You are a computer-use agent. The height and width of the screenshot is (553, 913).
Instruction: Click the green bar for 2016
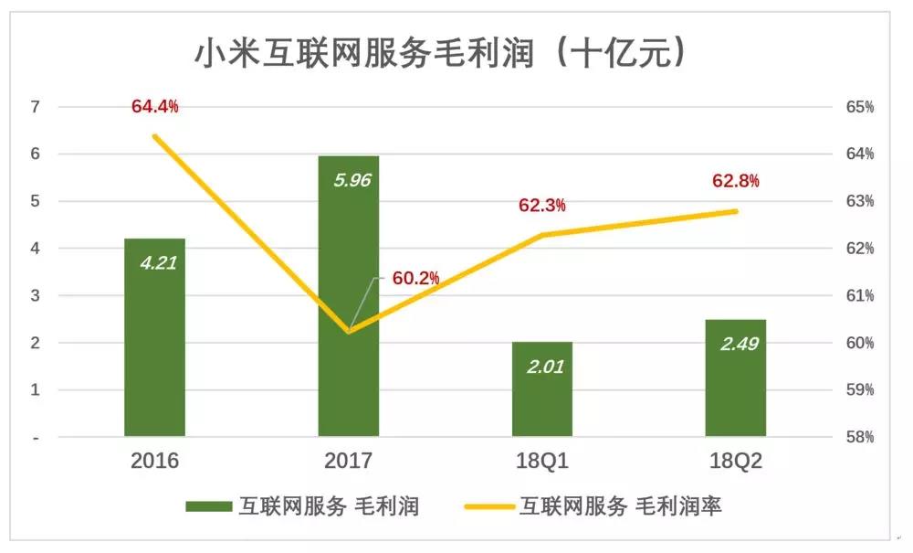click(x=154, y=337)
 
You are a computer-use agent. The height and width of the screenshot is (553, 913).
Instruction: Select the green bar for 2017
click(x=348, y=296)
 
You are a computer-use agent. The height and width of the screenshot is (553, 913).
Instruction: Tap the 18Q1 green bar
click(x=542, y=388)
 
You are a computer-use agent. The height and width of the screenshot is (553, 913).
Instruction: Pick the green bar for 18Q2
click(x=735, y=378)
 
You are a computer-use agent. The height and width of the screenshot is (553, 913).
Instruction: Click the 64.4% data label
click(x=155, y=106)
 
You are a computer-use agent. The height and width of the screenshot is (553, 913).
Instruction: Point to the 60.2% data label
click(x=415, y=278)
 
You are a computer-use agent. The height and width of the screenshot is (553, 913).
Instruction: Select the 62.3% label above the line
click(x=542, y=205)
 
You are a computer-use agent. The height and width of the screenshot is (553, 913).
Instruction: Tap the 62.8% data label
click(x=735, y=181)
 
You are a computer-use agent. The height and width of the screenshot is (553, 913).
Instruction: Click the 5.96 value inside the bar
click(x=352, y=180)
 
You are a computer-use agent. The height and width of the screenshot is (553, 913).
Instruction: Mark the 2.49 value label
click(x=740, y=344)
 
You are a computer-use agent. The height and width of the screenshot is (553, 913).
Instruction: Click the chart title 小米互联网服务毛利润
click(x=364, y=54)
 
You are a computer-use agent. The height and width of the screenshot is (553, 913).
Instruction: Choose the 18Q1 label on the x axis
click(x=542, y=461)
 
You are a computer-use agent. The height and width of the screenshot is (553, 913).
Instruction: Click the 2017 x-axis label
click(x=348, y=461)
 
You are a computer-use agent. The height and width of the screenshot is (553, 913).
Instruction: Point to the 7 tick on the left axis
click(x=36, y=107)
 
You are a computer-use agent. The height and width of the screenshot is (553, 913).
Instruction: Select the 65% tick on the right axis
click(x=860, y=107)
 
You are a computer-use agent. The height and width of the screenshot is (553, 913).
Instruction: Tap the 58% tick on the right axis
click(x=860, y=436)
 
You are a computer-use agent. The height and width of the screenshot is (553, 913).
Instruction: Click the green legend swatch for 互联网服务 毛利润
click(x=209, y=505)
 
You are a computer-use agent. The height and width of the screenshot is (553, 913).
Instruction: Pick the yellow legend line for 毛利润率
click(x=489, y=506)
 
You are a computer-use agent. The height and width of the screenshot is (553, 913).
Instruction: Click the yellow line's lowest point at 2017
click(x=348, y=332)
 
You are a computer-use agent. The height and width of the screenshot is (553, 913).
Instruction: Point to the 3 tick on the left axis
click(x=36, y=295)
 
